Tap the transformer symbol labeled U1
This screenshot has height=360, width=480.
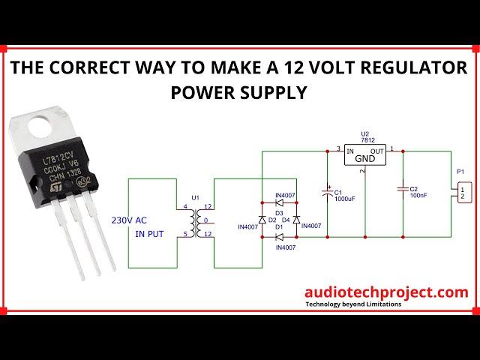(196, 221)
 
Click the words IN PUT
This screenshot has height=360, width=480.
(150, 235)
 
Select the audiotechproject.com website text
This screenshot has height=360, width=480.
(386, 292)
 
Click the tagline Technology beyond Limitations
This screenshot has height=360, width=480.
(352, 304)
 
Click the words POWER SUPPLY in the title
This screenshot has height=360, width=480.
(239, 92)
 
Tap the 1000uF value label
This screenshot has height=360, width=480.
(345, 199)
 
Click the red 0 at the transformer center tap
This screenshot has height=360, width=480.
(205, 221)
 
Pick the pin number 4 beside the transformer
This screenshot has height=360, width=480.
(186, 207)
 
